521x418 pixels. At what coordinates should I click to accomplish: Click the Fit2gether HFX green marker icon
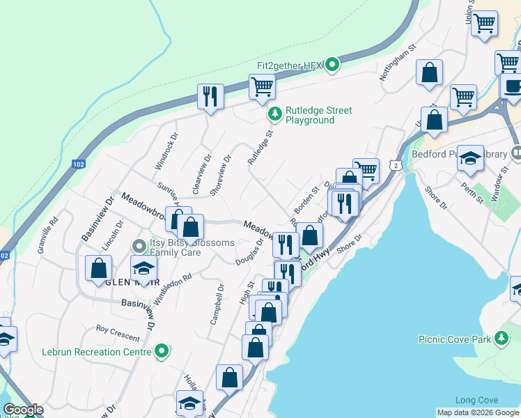(x=332, y=65)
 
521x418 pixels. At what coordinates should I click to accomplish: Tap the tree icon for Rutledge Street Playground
(x=276, y=112)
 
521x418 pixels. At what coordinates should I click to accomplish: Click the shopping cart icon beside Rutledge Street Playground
(x=262, y=87)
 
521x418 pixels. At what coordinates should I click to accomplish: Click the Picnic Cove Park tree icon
(x=501, y=339)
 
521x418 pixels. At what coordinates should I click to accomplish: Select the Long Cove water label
(x=476, y=400)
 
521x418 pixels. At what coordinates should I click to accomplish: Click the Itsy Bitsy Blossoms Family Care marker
(x=139, y=246)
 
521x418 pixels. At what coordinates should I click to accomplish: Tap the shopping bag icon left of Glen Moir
(x=99, y=267)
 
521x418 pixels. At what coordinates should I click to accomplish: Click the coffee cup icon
(x=512, y=86)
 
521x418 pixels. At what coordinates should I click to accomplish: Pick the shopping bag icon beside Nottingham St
(x=430, y=72)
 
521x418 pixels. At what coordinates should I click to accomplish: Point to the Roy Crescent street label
(x=118, y=332)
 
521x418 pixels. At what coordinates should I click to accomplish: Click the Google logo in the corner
(x=23, y=410)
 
